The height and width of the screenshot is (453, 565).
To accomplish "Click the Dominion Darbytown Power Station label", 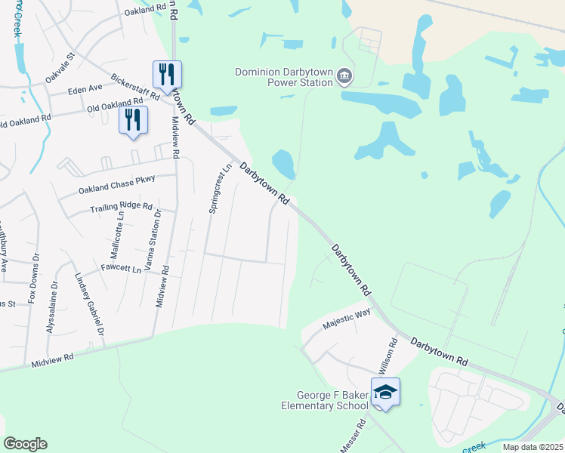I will click(x=283, y=77).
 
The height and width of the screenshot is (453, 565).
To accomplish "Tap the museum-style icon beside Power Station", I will click(x=344, y=75).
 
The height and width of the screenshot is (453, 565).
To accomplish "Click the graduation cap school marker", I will click(x=385, y=392).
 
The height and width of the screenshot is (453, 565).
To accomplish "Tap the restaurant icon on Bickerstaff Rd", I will click(x=167, y=74).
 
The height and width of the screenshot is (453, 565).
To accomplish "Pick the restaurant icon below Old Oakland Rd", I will click(x=133, y=119).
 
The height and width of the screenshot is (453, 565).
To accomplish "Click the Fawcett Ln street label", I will click(x=121, y=269).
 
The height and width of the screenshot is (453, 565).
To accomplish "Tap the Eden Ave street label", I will click(x=85, y=89).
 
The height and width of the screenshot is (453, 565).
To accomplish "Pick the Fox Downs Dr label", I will click(x=33, y=281).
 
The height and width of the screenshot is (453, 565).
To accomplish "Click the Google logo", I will click(x=25, y=444).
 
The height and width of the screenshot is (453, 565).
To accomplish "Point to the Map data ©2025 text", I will click(x=533, y=447).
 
